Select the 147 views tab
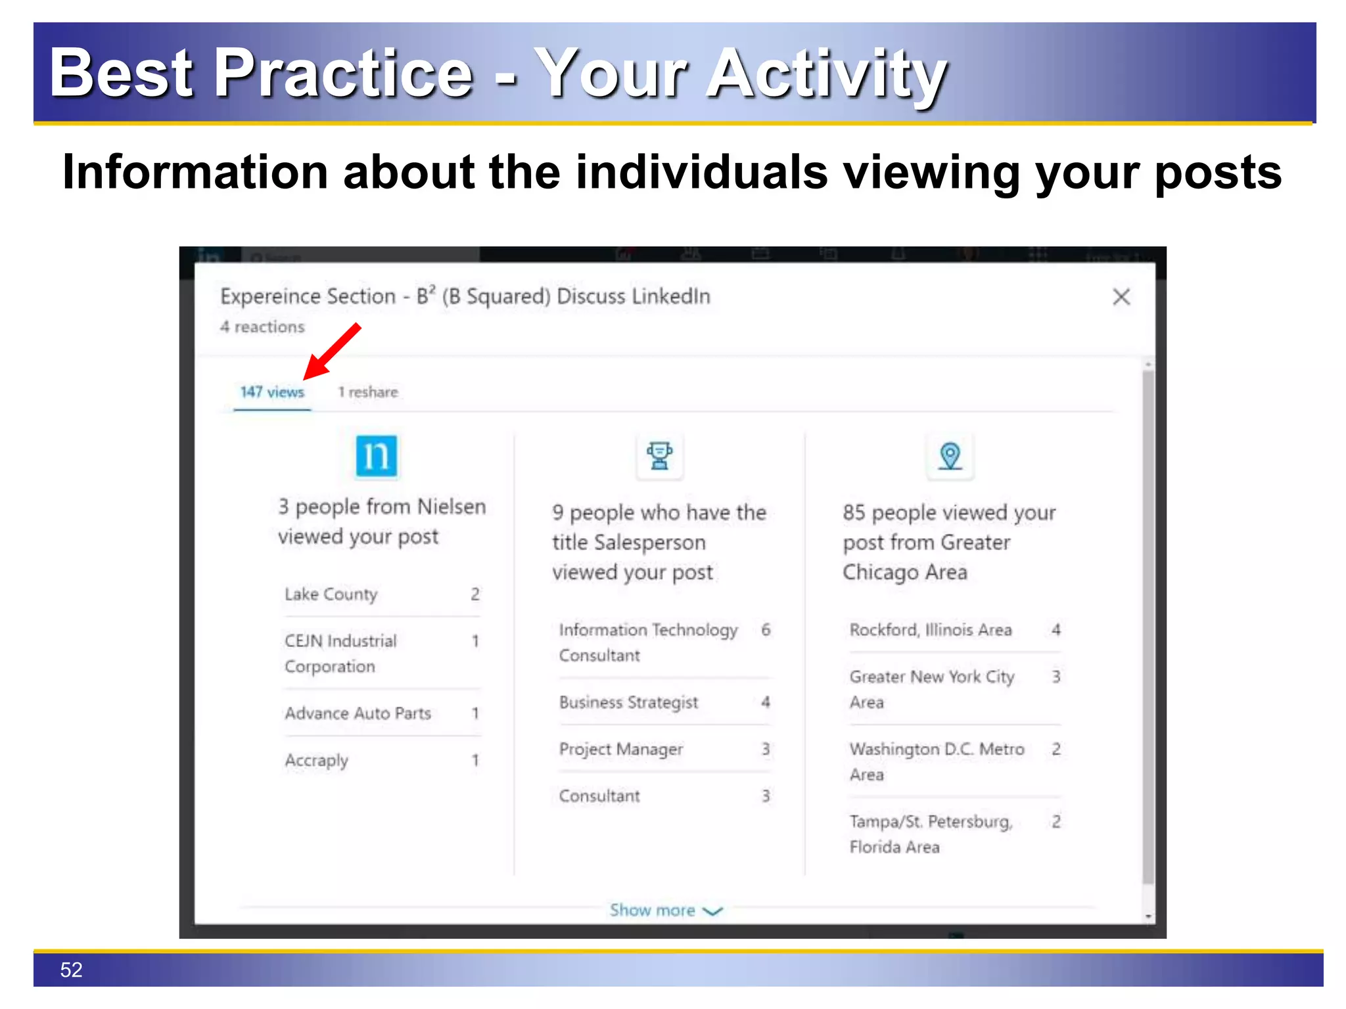272,392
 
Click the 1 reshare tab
368,392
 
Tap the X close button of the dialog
1121,297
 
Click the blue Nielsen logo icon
377,455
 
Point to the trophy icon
659,455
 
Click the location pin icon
950,455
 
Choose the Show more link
665,910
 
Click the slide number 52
71,970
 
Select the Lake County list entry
331,594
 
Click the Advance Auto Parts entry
358,713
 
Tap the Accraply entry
316,761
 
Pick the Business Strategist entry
628,702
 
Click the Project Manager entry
621,750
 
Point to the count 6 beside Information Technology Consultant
766,630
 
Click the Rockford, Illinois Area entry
930,630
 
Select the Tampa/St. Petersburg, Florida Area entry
930,834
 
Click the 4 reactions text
262,327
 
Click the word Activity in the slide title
827,74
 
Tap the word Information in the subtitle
195,173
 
